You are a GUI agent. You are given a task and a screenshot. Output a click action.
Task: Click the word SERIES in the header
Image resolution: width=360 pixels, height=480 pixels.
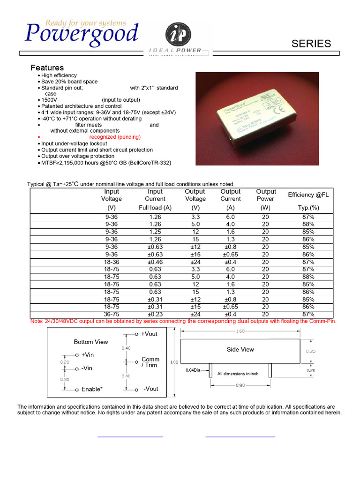[x=311, y=44]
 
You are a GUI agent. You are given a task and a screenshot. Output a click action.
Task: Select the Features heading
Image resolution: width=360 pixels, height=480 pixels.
[x=47, y=67]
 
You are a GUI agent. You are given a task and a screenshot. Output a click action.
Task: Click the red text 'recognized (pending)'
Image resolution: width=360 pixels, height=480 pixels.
[x=115, y=137]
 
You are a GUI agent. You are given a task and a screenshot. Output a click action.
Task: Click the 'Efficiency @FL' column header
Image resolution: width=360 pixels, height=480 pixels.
[x=308, y=195]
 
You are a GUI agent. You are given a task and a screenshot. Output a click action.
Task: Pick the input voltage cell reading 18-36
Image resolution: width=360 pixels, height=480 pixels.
[x=112, y=262]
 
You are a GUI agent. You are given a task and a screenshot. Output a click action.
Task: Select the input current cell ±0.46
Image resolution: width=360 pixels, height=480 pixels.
[x=155, y=262]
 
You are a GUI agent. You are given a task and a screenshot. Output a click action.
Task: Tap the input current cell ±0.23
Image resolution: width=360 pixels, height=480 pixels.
[x=155, y=315]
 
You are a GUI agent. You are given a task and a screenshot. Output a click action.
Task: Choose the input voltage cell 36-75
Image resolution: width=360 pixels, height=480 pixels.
[x=112, y=315]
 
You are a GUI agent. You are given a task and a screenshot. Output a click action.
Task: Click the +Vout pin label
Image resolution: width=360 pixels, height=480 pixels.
[x=149, y=334]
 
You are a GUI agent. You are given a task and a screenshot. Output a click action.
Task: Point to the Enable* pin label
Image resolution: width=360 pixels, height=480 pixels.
[x=92, y=389]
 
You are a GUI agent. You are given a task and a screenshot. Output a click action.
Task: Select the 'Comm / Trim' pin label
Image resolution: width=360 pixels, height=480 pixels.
[x=150, y=362]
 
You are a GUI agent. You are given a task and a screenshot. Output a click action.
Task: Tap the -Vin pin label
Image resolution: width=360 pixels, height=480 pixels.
[x=87, y=368]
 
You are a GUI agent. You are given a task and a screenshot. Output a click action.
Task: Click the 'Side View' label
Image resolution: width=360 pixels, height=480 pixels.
[x=240, y=349]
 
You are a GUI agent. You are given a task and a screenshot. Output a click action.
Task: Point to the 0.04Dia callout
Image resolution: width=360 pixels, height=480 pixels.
[x=192, y=370]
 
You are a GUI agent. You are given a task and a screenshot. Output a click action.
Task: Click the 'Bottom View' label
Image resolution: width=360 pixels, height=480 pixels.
[x=91, y=342]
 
